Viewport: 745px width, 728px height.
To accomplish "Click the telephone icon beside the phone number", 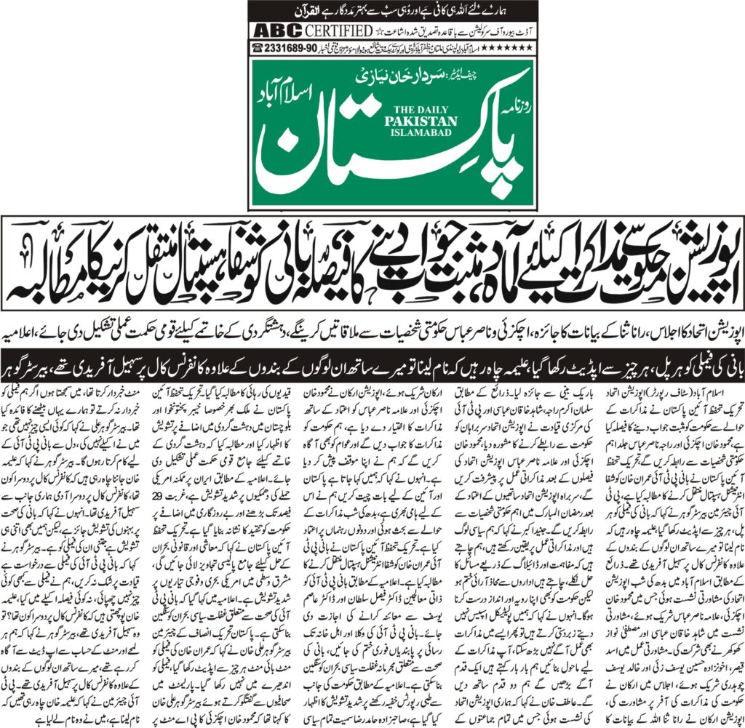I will [x=257, y=47].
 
